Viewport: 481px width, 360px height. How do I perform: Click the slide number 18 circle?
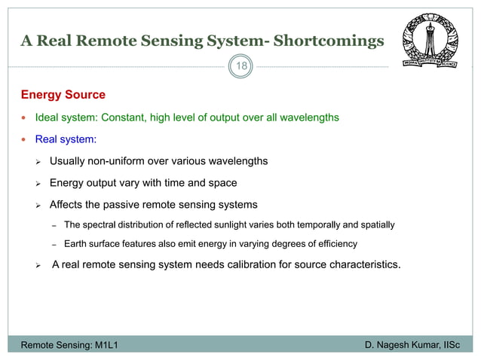pyautogui.click(x=242, y=66)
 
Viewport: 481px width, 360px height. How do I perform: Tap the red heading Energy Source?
pyautogui.click(x=63, y=95)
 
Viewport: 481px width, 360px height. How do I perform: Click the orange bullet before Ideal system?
pyautogui.click(x=24, y=118)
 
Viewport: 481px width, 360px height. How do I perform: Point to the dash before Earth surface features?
pyautogui.click(x=54, y=245)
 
